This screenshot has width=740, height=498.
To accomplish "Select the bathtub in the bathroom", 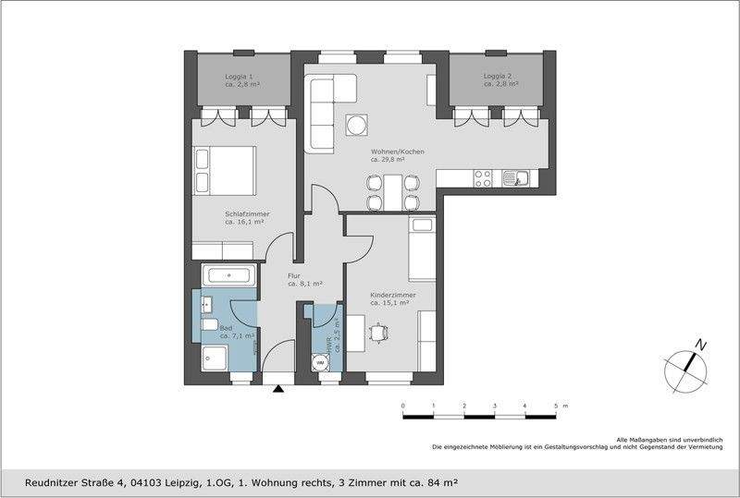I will click(x=228, y=274).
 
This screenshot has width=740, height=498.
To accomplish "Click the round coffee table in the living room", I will click(x=356, y=125).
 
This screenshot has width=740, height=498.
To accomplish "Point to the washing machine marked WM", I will click(x=320, y=362).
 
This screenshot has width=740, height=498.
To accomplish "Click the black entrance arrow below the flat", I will click(x=278, y=390).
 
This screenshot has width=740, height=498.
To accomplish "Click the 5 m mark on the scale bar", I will click(x=556, y=407).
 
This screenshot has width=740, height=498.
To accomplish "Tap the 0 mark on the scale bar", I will click(x=402, y=407).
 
